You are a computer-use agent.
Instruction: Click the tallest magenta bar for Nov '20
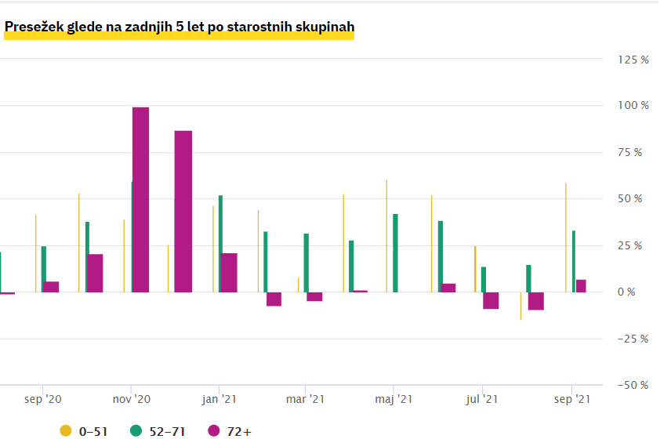click(140, 200)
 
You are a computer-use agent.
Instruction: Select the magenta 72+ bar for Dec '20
click(183, 212)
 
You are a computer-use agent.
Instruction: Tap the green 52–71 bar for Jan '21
click(221, 244)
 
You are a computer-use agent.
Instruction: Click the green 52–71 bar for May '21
click(395, 253)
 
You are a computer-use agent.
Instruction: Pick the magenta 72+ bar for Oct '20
click(95, 273)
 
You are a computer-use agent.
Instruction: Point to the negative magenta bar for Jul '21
click(491, 300)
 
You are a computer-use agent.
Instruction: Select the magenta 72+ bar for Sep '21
click(581, 286)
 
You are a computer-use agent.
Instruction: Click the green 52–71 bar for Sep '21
click(575, 261)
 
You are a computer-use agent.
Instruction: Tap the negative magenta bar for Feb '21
click(274, 299)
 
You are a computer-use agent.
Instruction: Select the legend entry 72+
click(232, 430)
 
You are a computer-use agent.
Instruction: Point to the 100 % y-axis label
click(633, 106)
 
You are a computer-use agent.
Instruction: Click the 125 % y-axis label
click(633, 60)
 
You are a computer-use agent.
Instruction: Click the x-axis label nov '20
click(132, 400)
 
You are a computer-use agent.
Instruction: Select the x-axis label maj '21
click(394, 400)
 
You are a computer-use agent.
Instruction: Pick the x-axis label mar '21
click(306, 400)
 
